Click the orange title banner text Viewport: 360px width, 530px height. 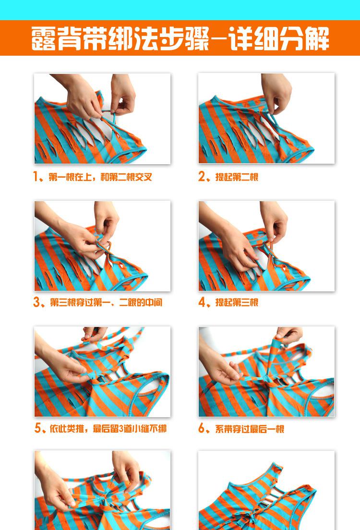180,38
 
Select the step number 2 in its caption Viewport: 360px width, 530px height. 202,177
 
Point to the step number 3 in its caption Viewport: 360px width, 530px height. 36,302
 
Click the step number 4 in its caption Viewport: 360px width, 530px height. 202,302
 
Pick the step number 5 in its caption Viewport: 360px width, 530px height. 37,428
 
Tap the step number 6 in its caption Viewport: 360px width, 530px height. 202,428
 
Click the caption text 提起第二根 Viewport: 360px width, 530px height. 237,177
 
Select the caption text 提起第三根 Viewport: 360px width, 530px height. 237,302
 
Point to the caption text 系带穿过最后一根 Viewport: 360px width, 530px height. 250,429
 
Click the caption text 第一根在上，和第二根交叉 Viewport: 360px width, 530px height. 100,177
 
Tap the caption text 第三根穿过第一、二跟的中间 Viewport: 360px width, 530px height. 106,302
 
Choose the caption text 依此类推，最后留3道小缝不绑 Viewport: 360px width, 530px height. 108,429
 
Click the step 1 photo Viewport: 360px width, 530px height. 102,119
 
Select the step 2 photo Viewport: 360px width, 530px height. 266,119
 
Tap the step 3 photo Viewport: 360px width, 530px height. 102,246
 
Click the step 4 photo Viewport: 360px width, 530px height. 266,246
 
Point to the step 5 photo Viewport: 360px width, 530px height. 102,372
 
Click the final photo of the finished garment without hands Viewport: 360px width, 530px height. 266,490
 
